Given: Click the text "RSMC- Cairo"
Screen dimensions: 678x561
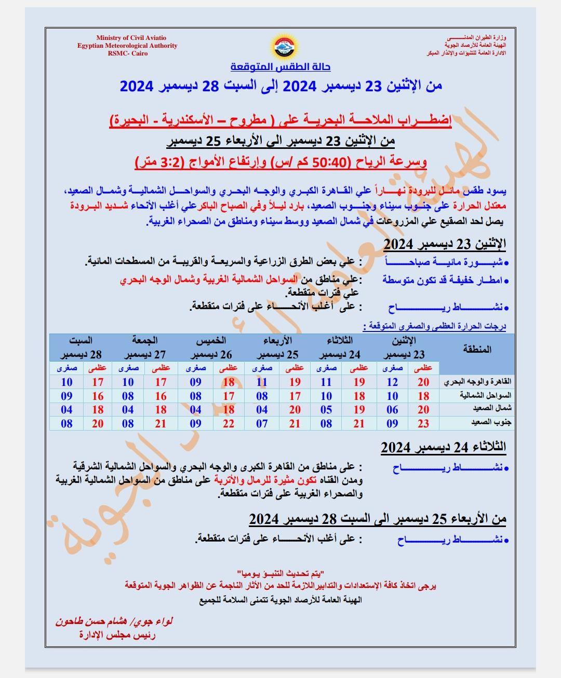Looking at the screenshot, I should [128, 53].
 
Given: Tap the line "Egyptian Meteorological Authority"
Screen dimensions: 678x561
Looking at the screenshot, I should [127, 46].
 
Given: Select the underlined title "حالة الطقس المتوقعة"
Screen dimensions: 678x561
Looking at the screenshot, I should [280, 67].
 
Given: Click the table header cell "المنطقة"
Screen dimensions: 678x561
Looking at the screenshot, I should [476, 349].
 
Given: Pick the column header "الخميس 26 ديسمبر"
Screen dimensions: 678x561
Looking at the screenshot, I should [211, 348].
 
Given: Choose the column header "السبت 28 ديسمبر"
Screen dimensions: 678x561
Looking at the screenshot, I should [81, 348].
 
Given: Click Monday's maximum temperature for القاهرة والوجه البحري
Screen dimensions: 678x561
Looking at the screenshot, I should [423, 382].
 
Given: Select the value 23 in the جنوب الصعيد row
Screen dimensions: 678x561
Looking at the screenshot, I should [423, 423].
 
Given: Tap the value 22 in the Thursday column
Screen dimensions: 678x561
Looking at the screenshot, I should [229, 423].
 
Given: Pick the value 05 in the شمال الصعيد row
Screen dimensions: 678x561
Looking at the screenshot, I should [326, 409].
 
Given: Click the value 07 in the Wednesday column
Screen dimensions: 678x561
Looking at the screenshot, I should [262, 423].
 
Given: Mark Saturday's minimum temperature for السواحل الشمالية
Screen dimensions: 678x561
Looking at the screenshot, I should [66, 396].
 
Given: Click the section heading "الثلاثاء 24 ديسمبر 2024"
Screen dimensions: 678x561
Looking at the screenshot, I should [443, 447].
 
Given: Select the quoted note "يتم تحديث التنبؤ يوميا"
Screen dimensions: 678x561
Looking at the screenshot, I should [280, 573].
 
